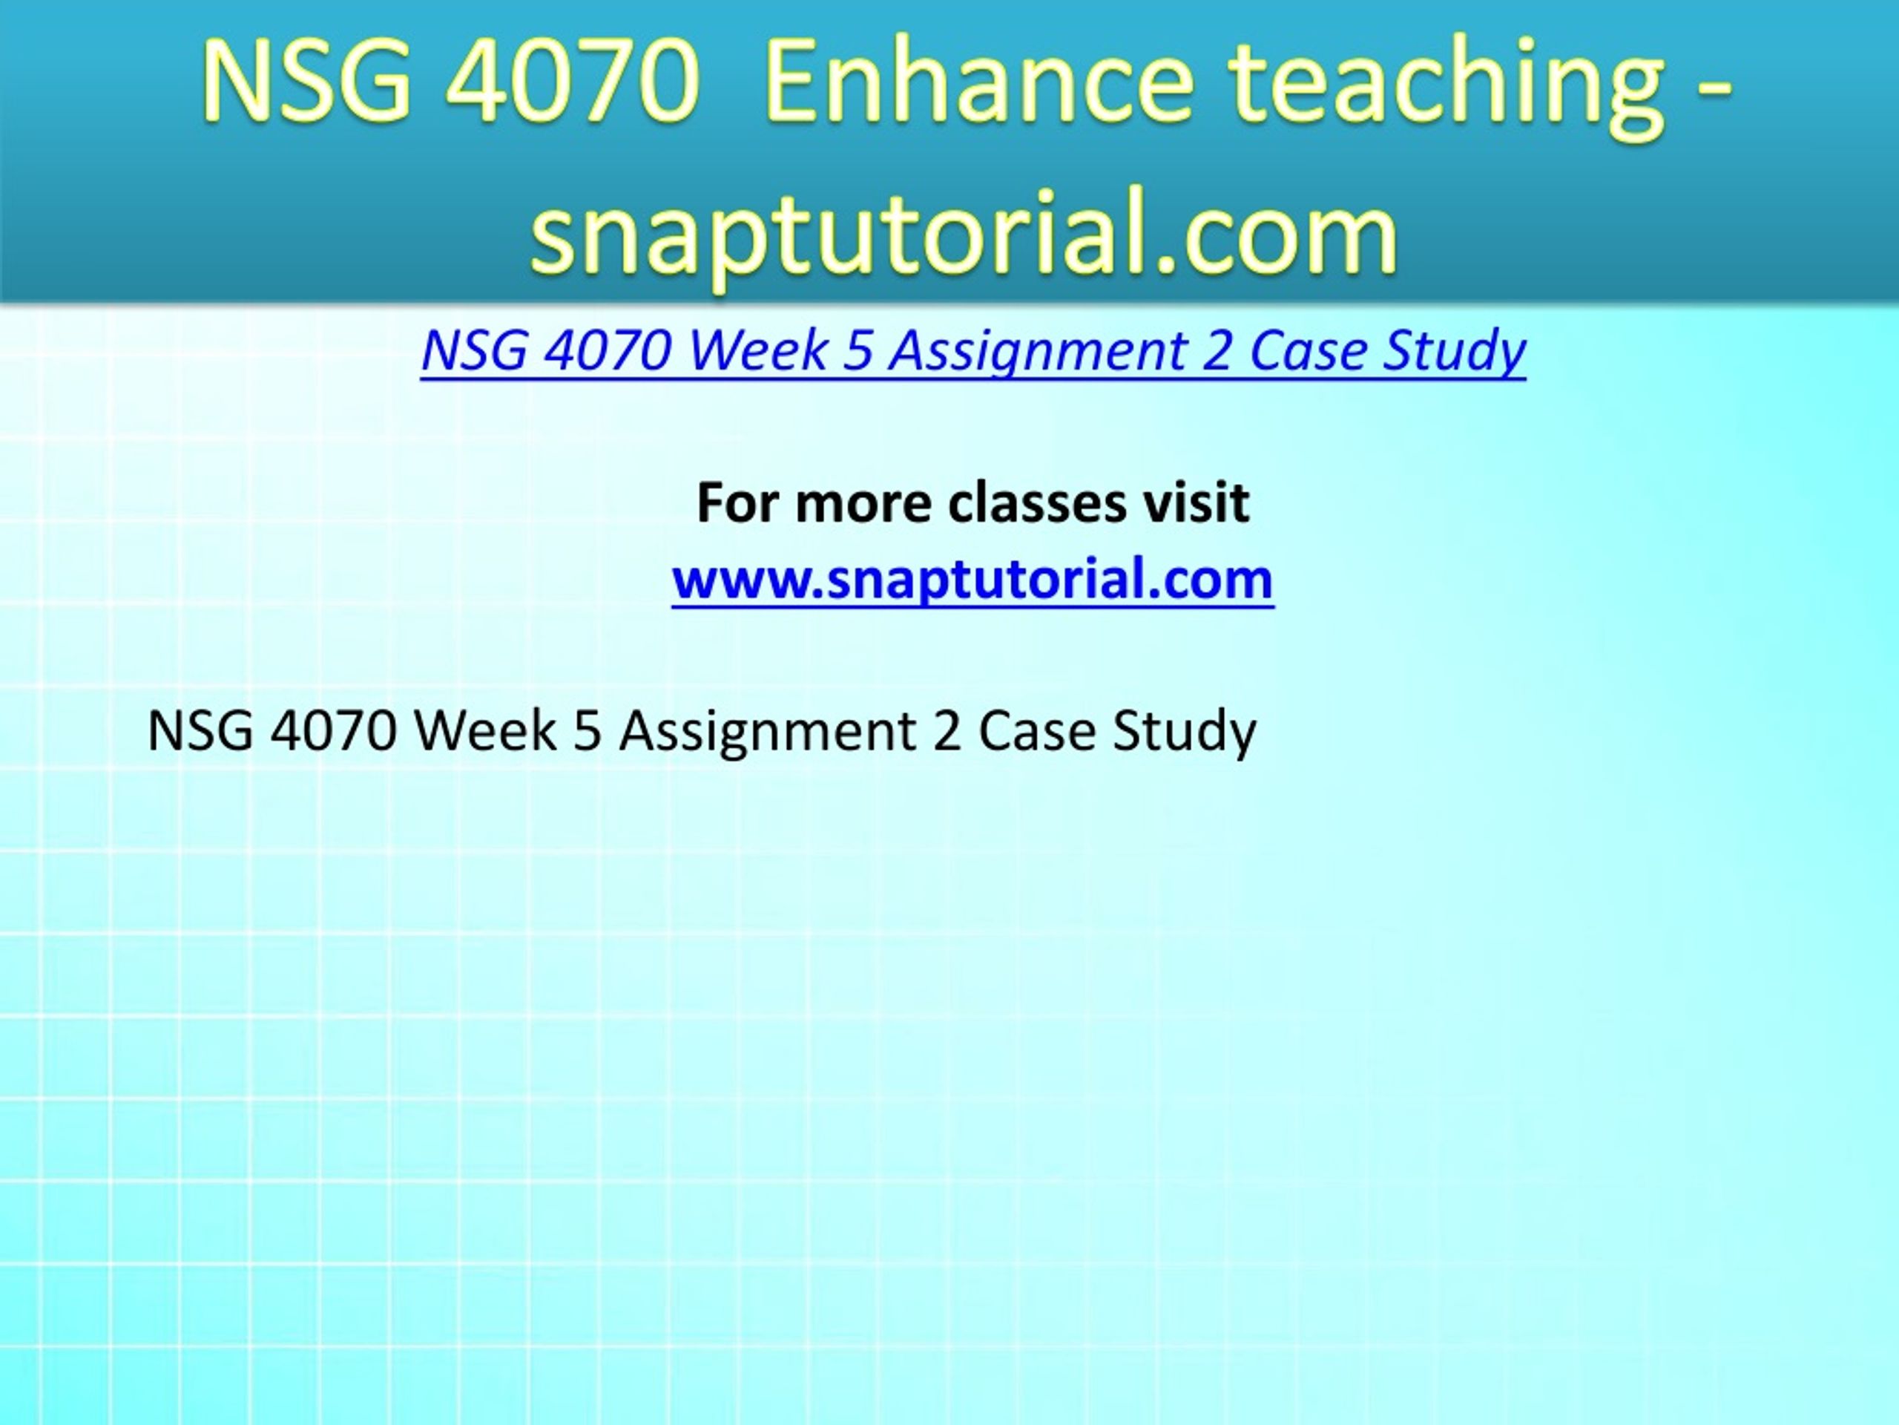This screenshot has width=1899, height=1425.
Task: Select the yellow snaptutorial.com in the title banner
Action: point(964,232)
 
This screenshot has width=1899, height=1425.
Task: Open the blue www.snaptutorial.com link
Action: point(972,579)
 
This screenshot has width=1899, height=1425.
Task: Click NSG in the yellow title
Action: point(307,83)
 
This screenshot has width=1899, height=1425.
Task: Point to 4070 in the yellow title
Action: point(571,83)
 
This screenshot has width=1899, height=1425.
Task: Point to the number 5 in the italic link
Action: point(857,350)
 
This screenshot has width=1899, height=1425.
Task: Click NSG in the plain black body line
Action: point(201,731)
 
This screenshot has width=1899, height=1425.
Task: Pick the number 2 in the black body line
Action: point(948,731)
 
